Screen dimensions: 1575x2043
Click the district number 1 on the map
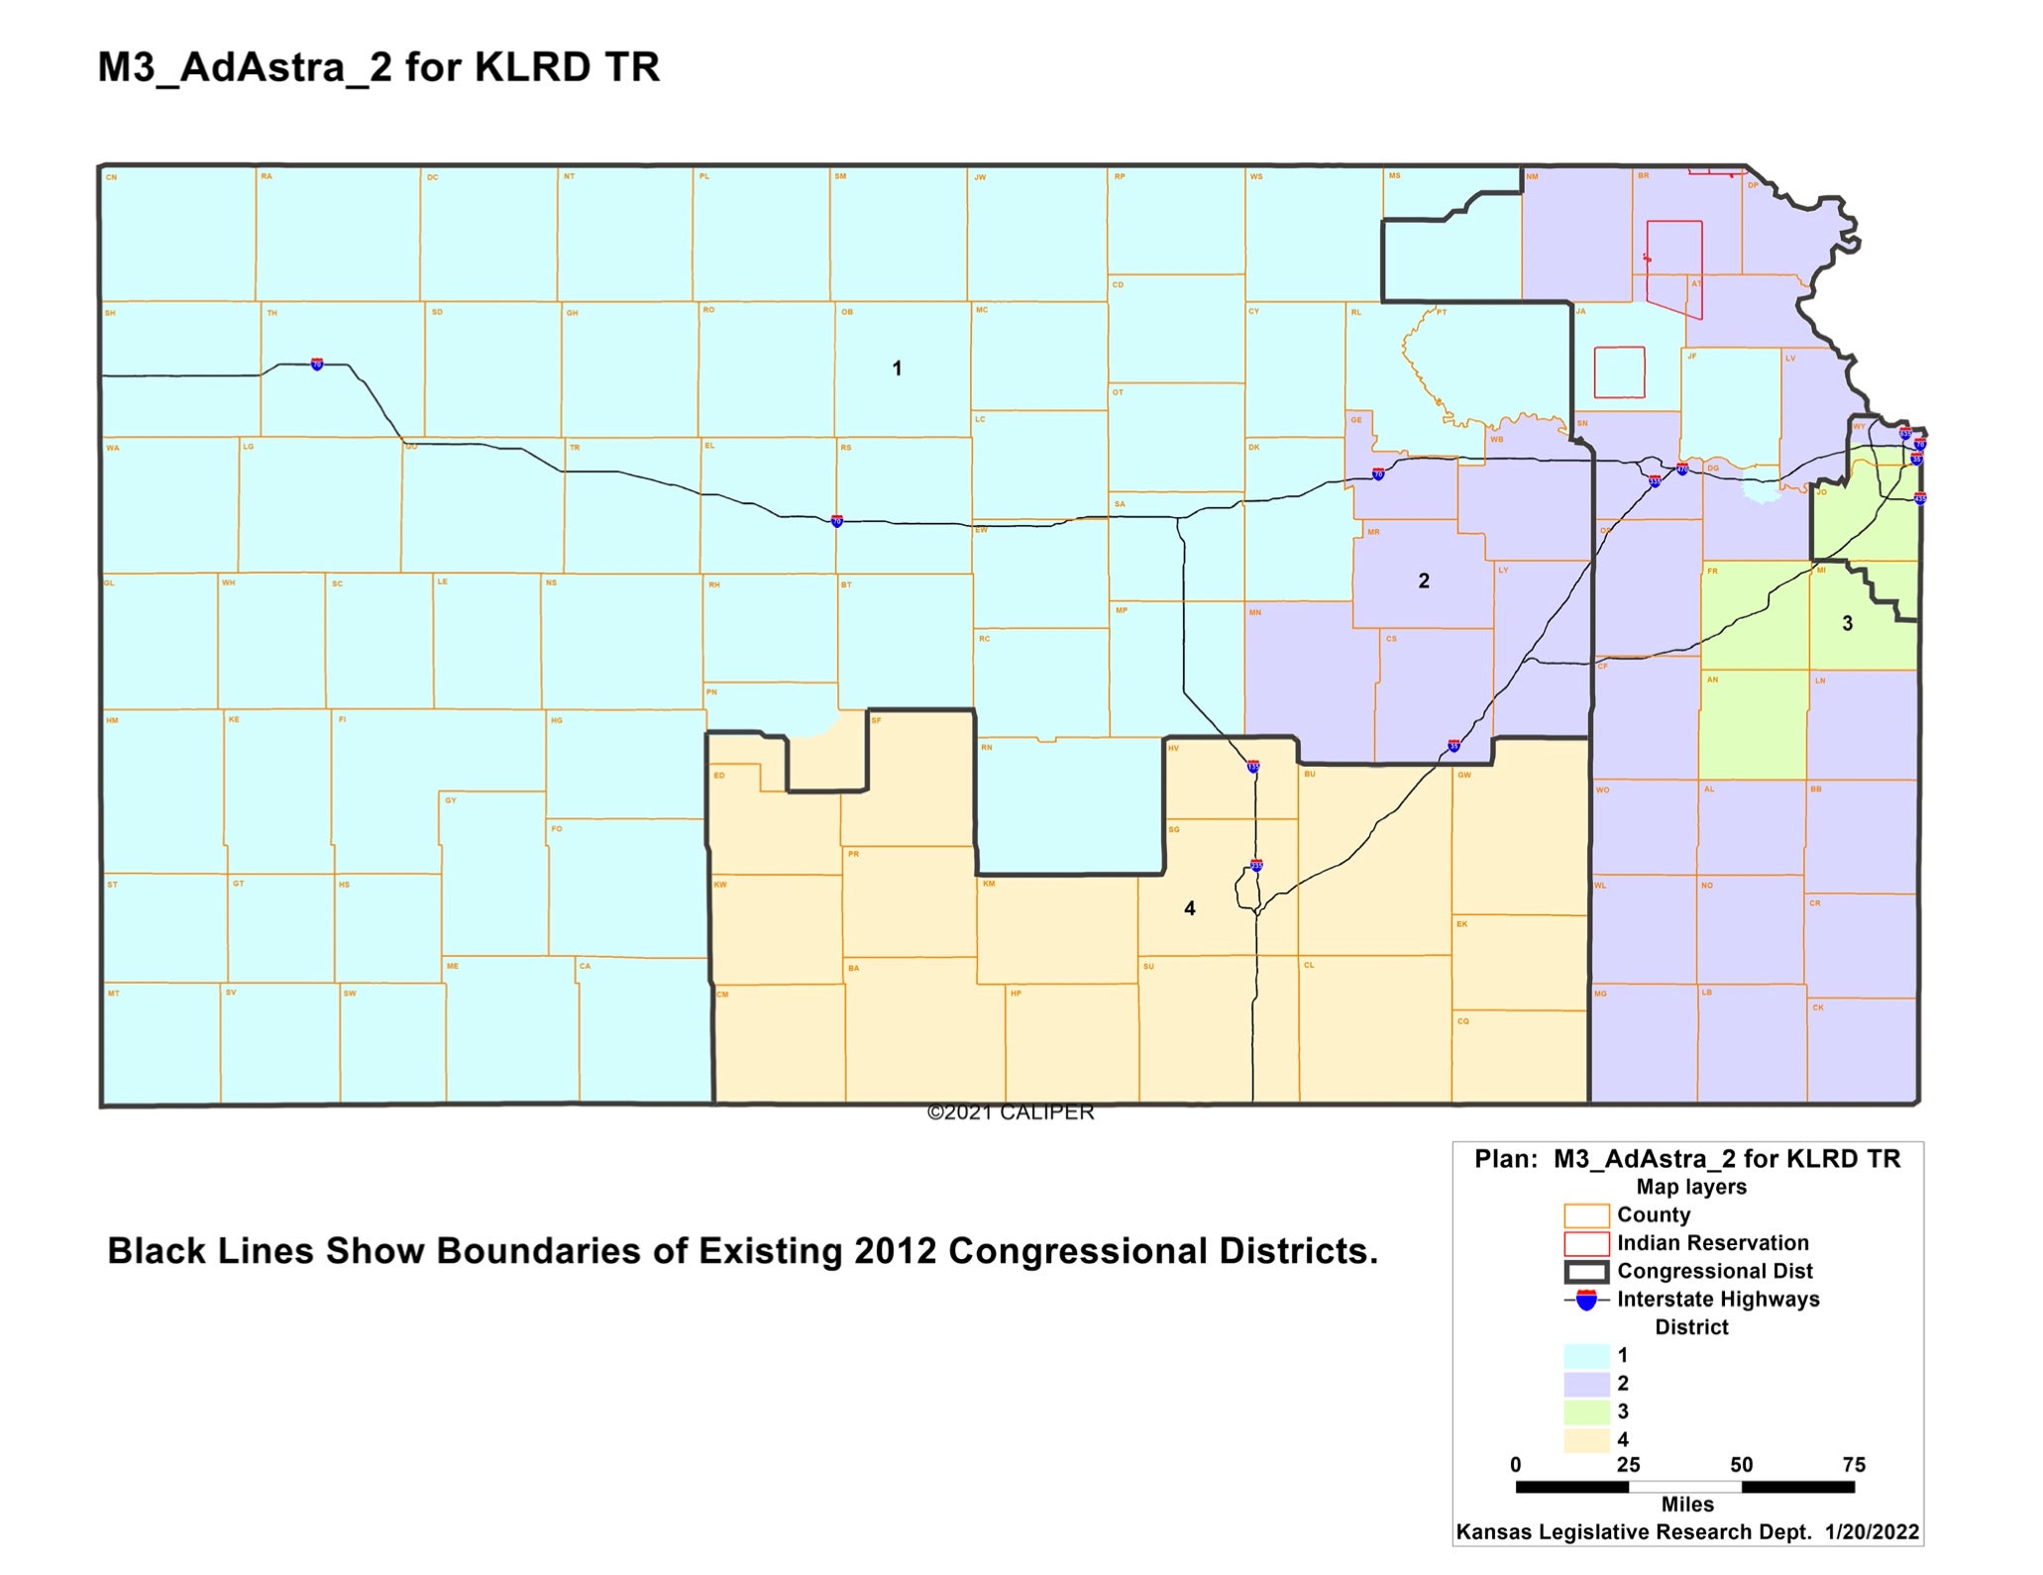tap(897, 368)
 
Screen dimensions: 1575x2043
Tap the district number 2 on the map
tap(1424, 581)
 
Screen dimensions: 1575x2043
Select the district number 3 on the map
tap(1847, 623)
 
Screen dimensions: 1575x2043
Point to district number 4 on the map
tap(1190, 908)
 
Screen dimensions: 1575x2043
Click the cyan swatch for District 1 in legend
tap(1586, 1356)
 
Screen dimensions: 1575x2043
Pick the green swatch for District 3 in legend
tap(1586, 1412)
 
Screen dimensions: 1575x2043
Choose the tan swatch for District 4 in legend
tap(1586, 1439)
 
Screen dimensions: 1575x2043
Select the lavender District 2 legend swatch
tap(1586, 1384)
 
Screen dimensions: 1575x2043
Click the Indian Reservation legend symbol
tap(1586, 1244)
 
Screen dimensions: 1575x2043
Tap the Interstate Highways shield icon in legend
tap(1586, 1300)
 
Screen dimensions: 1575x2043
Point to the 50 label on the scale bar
tap(1741, 1465)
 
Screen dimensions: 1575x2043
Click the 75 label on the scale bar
tap(1854, 1465)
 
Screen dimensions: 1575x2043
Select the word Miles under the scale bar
tap(1687, 1505)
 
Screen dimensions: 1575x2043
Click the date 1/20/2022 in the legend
tap(1872, 1532)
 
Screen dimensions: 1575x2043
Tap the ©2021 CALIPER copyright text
tap(1011, 1112)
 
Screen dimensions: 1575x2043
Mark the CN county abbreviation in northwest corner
tap(112, 178)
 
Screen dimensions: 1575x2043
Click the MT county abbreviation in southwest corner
tap(114, 993)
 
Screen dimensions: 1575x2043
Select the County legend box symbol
tap(1586, 1215)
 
